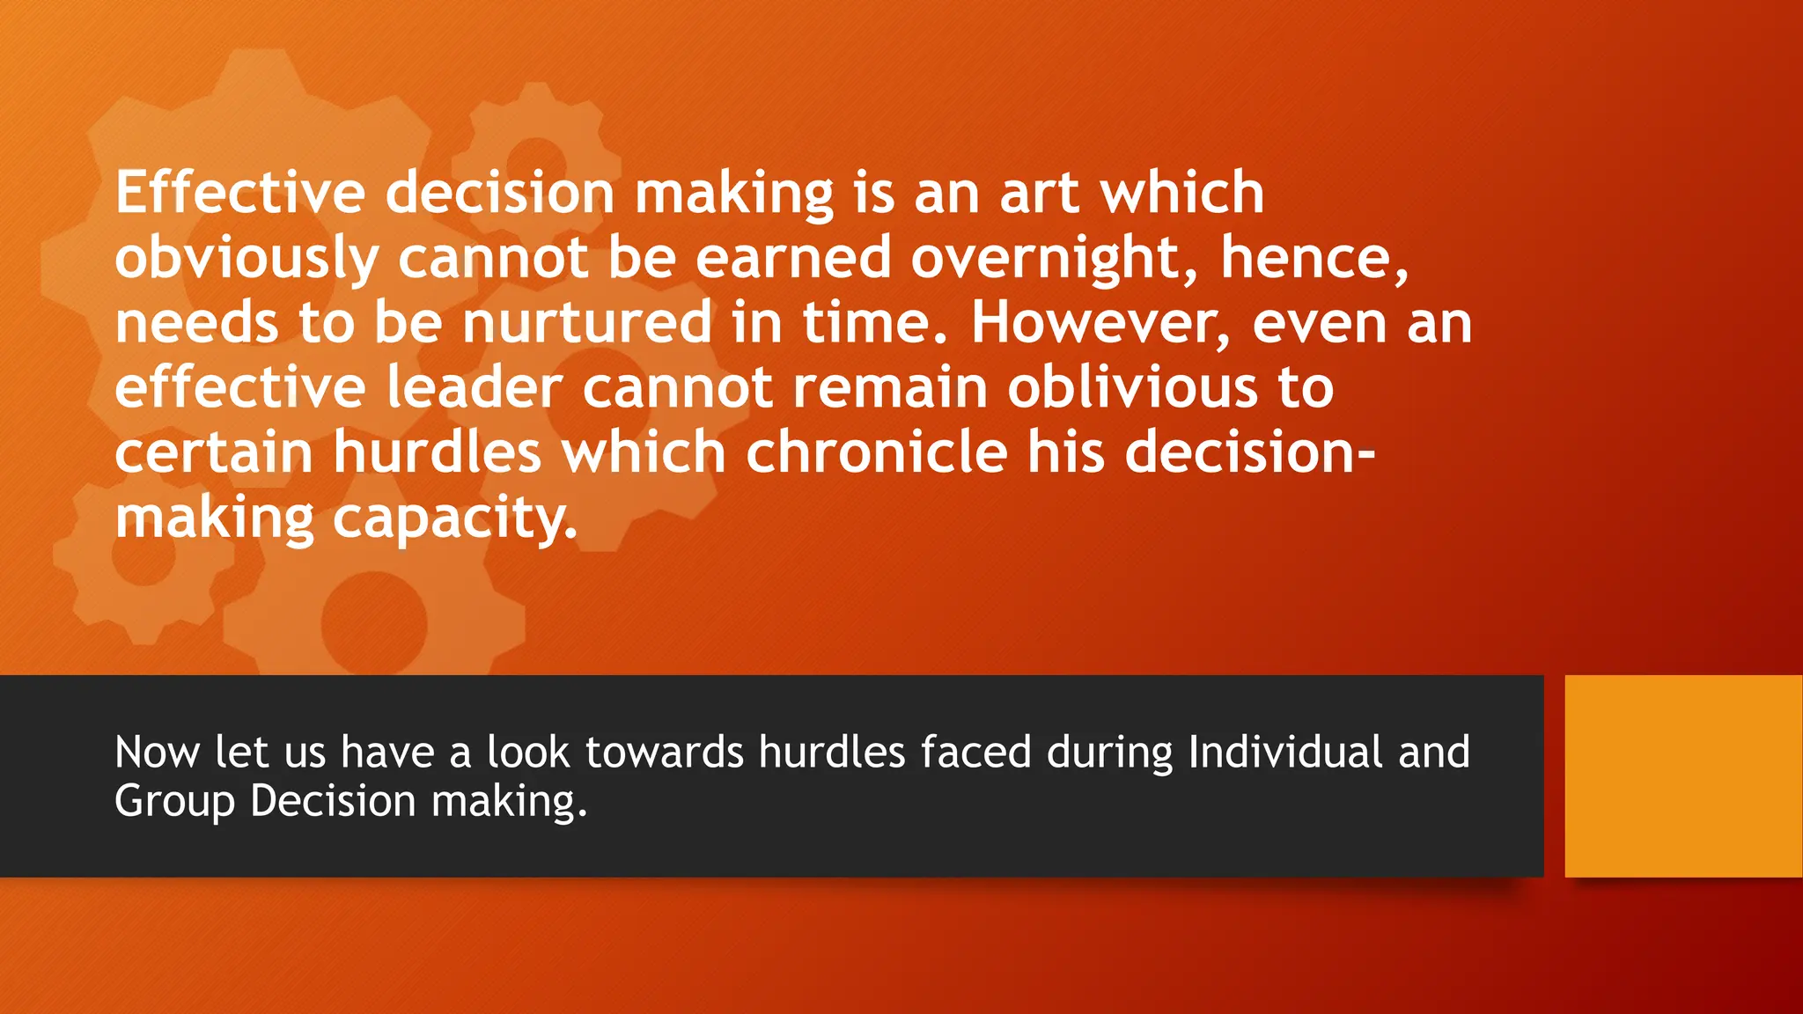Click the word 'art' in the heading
(1039, 193)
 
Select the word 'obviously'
(247, 259)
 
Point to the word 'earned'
(793, 258)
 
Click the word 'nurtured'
(587, 322)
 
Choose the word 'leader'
(474, 387)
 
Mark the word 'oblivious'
(1132, 387)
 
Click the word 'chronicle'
(876, 452)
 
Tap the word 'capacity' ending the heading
(454, 519)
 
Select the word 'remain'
(890, 387)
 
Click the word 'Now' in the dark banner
(157, 753)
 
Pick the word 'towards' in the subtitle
(664, 753)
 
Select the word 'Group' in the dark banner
(174, 802)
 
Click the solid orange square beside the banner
(1683, 775)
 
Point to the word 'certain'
(214, 452)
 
